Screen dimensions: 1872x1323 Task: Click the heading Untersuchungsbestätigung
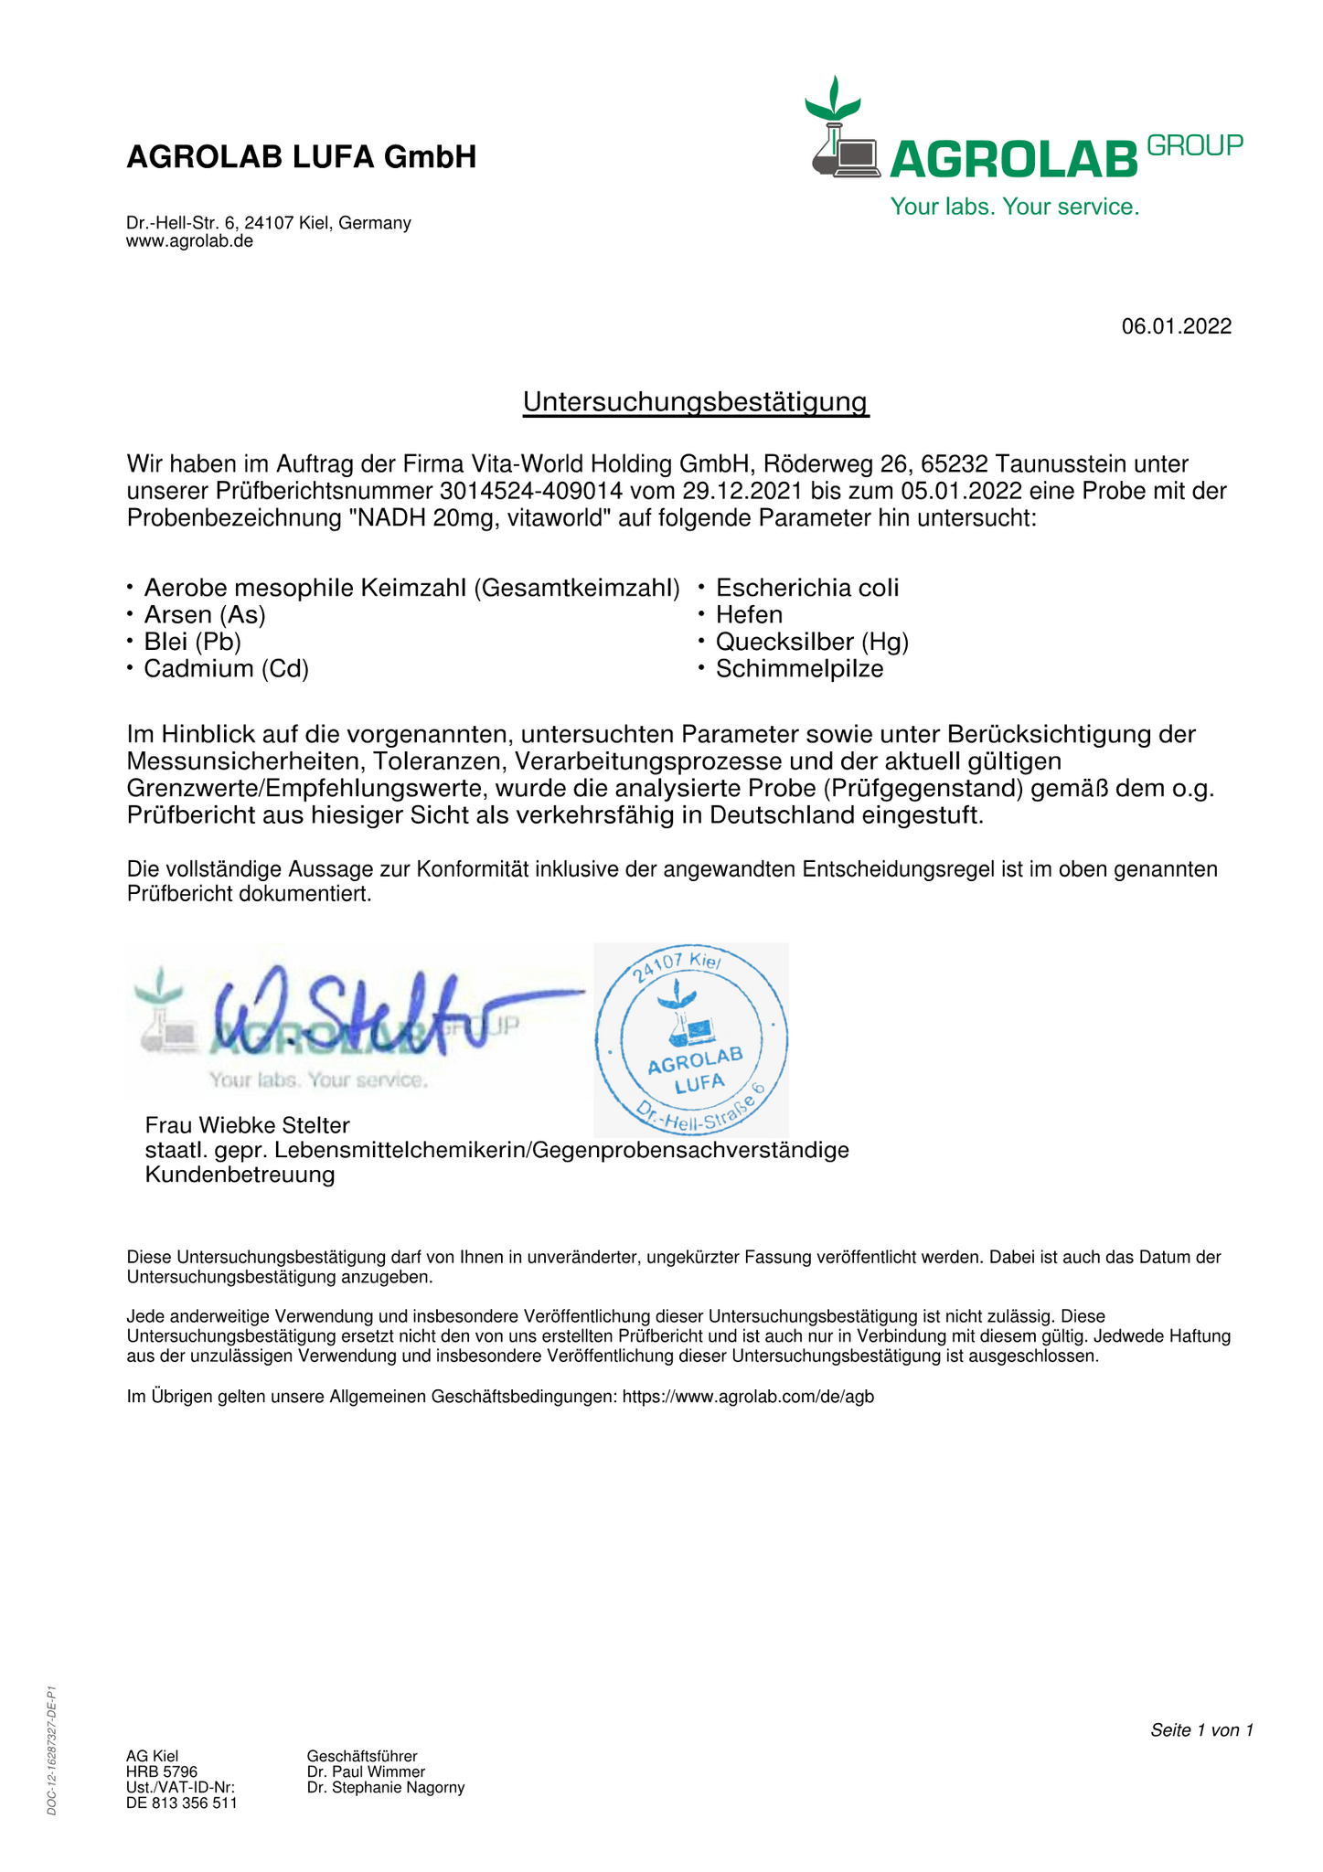(x=695, y=401)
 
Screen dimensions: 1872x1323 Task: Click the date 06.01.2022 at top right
(x=1176, y=326)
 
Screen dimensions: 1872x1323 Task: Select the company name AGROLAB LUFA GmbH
(x=301, y=157)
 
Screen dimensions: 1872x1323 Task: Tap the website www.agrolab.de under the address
(x=189, y=241)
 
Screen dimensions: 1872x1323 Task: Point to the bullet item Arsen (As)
(x=204, y=614)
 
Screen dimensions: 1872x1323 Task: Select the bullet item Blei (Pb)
(x=192, y=642)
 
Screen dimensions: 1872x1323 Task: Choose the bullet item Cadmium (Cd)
(x=226, y=669)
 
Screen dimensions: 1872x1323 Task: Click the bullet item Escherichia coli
(x=806, y=588)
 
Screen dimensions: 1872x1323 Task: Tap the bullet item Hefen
(x=749, y=614)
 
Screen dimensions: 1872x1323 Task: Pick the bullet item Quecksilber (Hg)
(x=812, y=642)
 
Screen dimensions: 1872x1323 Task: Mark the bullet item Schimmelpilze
(x=799, y=669)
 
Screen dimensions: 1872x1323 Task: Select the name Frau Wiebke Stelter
(x=247, y=1124)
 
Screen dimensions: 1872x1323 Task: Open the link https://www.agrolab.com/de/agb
(x=748, y=1397)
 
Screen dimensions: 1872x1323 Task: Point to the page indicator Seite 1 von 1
(x=1200, y=1730)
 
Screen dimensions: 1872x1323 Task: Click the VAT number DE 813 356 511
(x=181, y=1803)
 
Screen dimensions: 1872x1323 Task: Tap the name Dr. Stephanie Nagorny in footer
(x=386, y=1787)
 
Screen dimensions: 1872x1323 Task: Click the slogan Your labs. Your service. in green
(x=1015, y=207)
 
